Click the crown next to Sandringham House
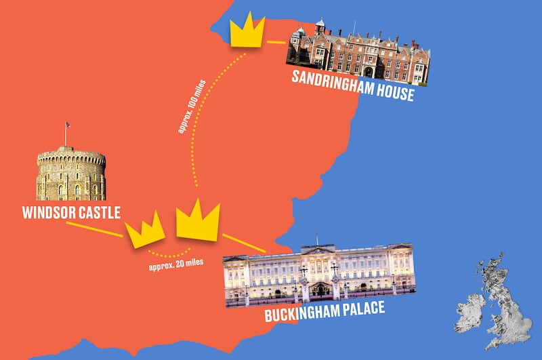point(247,31)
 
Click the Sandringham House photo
point(358,56)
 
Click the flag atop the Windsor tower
point(67,125)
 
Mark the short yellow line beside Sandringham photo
point(276,42)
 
